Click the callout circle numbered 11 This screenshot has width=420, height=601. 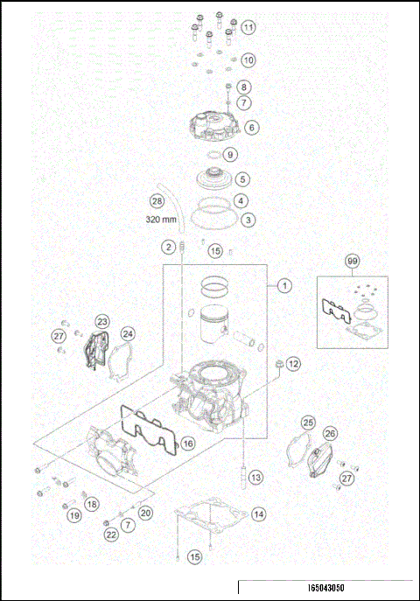[x=249, y=28]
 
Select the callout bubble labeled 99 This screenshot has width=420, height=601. [x=353, y=262]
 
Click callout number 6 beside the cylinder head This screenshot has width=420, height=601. [x=251, y=128]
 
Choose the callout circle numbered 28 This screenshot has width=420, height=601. [x=157, y=200]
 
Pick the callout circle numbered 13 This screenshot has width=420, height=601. [x=255, y=478]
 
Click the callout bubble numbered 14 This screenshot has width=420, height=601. [x=258, y=514]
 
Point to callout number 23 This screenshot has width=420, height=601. [x=102, y=322]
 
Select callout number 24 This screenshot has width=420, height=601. [x=128, y=333]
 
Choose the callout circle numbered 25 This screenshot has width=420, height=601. [x=307, y=423]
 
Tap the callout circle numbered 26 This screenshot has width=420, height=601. [x=330, y=433]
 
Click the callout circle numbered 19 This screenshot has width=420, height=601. [x=75, y=515]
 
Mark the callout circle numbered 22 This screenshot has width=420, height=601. [x=111, y=534]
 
